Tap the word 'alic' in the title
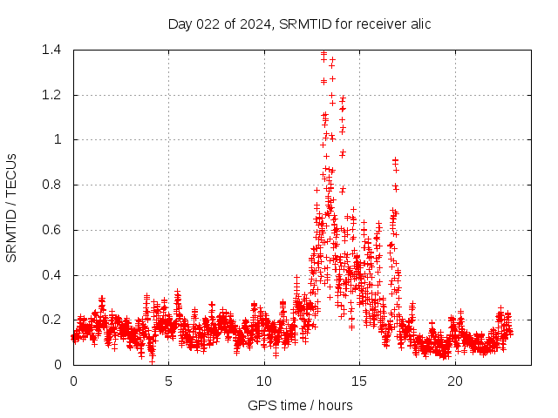[x=418, y=24]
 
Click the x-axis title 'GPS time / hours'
[x=300, y=405]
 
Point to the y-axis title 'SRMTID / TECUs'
[x=11, y=207]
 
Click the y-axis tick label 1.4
[x=51, y=50]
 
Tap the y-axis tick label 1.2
[x=51, y=95]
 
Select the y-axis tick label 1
[x=58, y=139]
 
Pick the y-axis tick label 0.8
[x=51, y=185]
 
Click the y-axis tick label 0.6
[x=51, y=230]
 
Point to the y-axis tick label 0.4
[x=51, y=275]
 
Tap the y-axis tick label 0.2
[x=51, y=320]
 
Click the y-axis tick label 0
[x=58, y=365]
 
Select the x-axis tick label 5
[x=169, y=381]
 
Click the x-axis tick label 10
[x=264, y=381]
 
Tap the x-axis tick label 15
[x=360, y=381]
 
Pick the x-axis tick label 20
[x=455, y=381]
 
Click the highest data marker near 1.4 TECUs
[x=323, y=53]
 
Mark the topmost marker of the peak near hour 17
[x=395, y=160]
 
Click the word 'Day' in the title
[x=180, y=24]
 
